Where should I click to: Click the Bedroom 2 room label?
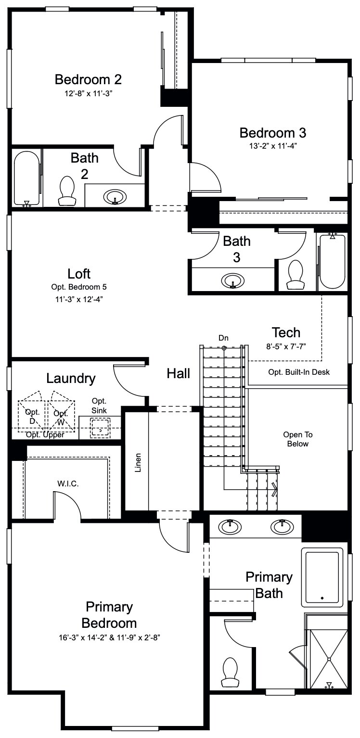click(x=88, y=79)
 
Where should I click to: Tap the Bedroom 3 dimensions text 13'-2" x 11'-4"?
click(x=273, y=146)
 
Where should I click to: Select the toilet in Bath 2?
click(x=67, y=191)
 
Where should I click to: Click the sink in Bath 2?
click(x=115, y=196)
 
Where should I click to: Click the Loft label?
click(x=79, y=274)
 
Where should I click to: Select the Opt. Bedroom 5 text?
click(x=79, y=287)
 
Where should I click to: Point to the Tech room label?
click(x=286, y=332)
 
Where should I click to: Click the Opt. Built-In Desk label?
click(x=299, y=372)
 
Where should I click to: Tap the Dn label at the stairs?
click(x=223, y=338)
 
